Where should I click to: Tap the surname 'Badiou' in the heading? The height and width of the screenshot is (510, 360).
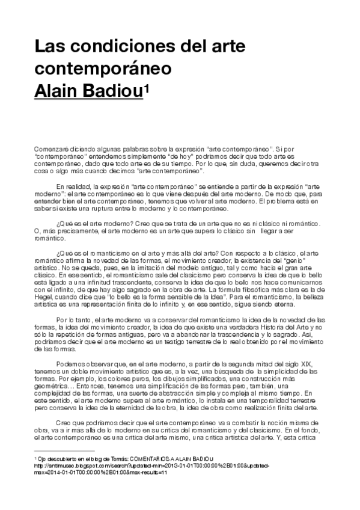pos(113,89)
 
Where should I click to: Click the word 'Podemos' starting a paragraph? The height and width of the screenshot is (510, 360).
pos(70,365)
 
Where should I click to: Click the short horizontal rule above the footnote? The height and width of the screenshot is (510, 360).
pos(64,450)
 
